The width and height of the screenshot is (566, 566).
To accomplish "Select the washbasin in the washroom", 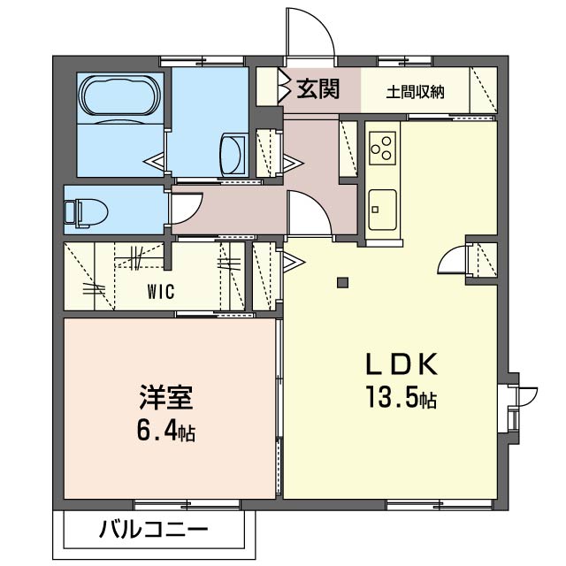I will coord(232,153).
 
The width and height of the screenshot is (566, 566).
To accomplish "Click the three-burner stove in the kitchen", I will coord(383,148).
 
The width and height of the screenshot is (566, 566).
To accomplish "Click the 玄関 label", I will coord(317,89).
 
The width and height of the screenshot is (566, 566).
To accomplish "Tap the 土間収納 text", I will coord(415,91).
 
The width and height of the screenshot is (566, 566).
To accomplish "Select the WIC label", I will coord(160,290).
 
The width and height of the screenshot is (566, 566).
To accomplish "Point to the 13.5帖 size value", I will coord(402,399).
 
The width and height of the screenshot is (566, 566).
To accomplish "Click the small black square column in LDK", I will coord(343,283).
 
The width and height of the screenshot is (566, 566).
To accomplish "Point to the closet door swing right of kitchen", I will coord(453,259).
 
